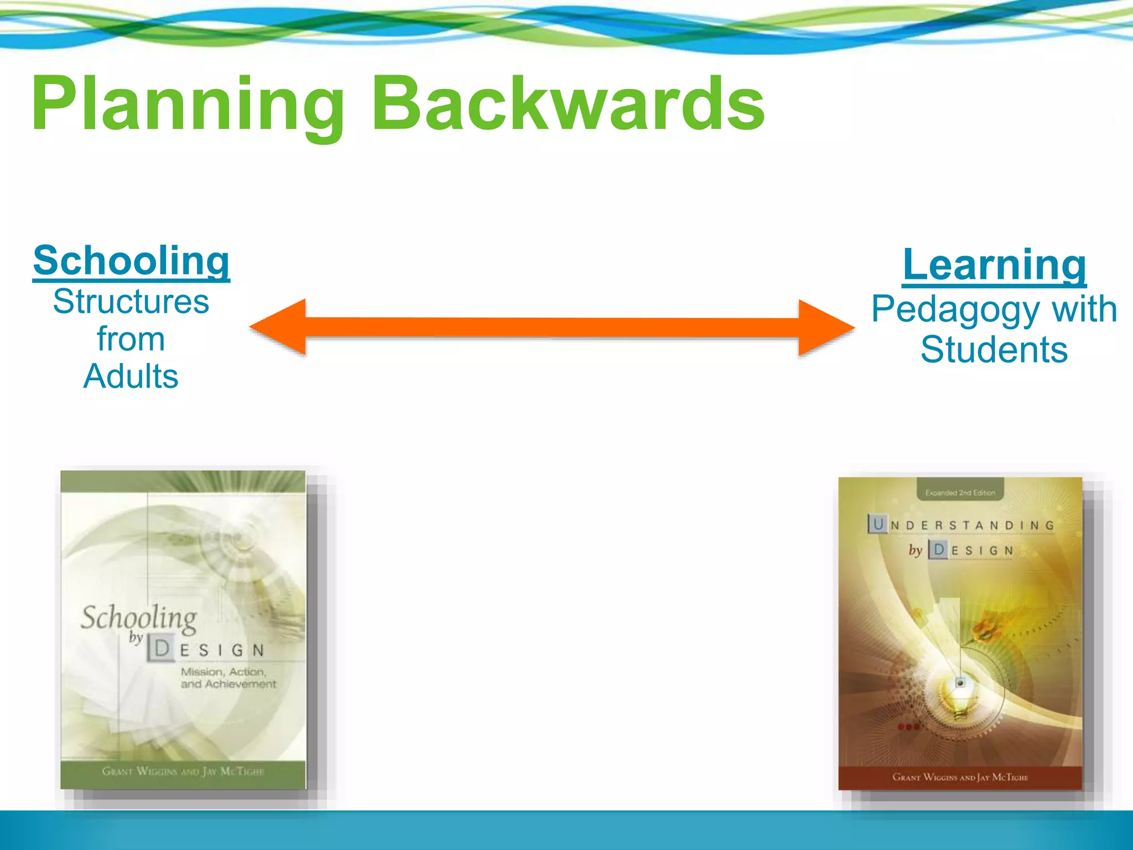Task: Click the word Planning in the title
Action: [x=188, y=105]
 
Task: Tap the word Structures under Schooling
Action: [x=131, y=302]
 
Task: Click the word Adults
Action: [x=131, y=377]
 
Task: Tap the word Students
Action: [x=994, y=350]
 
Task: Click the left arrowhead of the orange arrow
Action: [x=279, y=327]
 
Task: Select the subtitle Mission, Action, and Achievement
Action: [x=227, y=678]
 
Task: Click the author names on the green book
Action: [x=183, y=771]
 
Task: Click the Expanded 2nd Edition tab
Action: [x=960, y=492]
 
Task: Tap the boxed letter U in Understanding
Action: [x=878, y=524]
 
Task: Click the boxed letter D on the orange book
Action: [x=938, y=550]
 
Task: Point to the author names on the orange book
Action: [x=960, y=778]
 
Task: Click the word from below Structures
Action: [x=131, y=339]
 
